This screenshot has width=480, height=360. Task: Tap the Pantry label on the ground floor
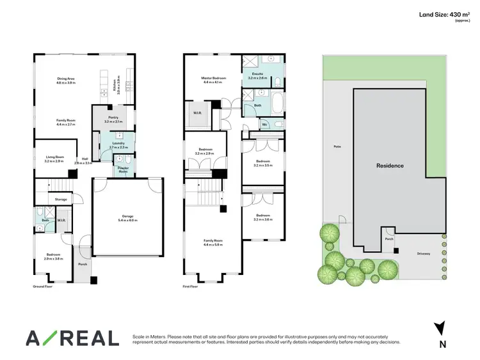tap(113, 119)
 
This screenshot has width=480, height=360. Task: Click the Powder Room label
tap(122, 169)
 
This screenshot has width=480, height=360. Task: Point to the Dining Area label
tap(67, 81)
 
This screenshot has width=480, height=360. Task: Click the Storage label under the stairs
tap(61, 200)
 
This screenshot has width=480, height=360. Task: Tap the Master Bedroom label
tap(212, 80)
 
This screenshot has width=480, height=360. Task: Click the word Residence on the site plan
tap(390, 166)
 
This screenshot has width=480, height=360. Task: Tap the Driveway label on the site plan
tap(424, 253)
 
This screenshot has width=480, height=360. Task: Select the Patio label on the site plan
tap(337, 146)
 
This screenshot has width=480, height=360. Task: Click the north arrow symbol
tap(439, 328)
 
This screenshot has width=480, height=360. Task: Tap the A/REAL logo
tap(72, 338)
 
